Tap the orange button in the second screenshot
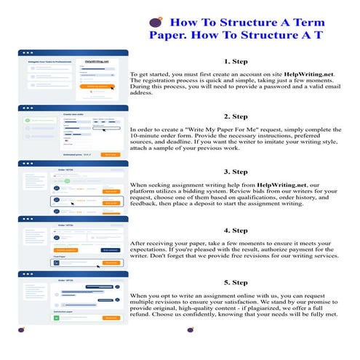(x=110, y=154)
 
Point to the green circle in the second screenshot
(x=27, y=118)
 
